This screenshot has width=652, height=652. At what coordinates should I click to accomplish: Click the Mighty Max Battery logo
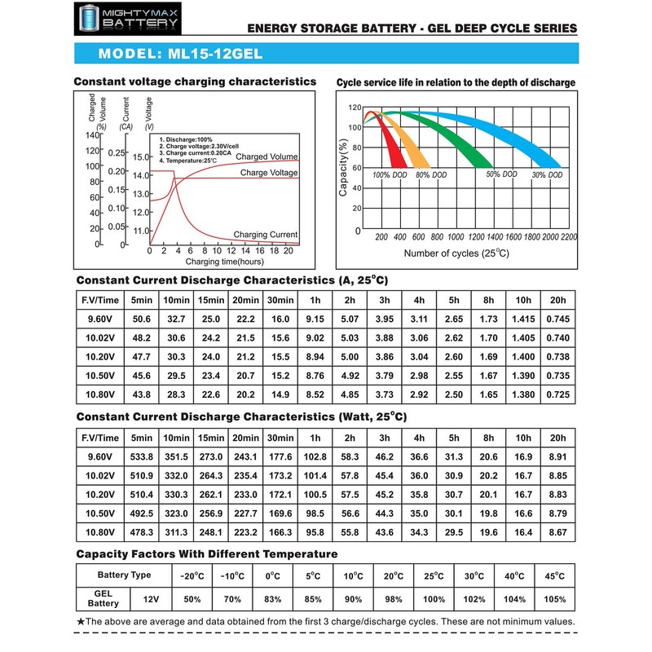pos(127,17)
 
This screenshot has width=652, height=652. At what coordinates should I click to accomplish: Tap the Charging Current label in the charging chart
pos(266,235)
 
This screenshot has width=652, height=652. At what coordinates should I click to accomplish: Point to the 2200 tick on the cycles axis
pos(569,236)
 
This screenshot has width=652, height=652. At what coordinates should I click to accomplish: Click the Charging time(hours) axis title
pos(223,262)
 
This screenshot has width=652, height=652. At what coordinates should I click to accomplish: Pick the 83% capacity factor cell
pos(273,600)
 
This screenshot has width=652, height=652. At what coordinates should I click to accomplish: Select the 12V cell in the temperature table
pos(149,600)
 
